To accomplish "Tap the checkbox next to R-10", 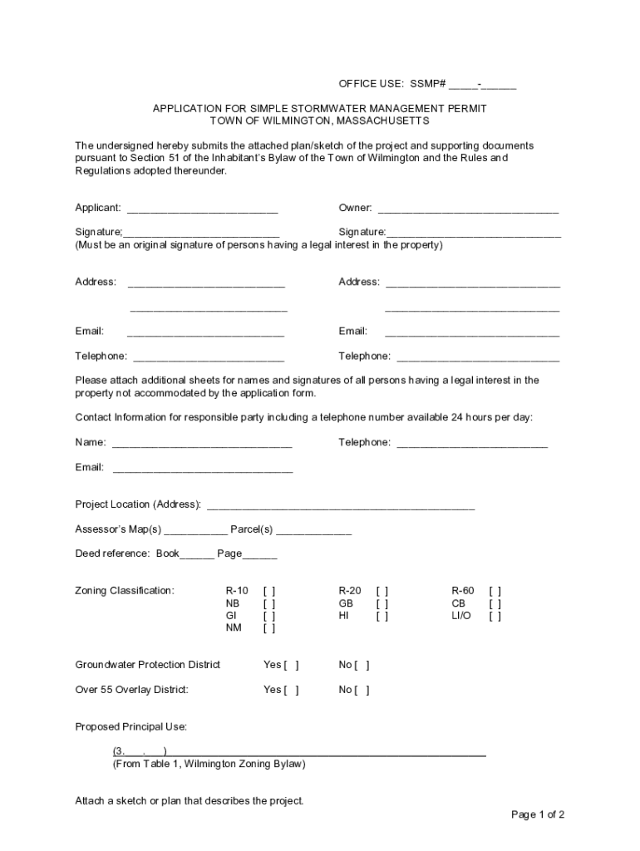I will click(x=269, y=591).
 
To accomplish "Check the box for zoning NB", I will click(x=269, y=603).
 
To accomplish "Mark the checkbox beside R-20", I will click(x=382, y=591).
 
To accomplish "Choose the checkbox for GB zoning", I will click(x=382, y=603).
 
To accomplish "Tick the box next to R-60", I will click(x=495, y=591).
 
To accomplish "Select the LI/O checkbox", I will click(x=495, y=616).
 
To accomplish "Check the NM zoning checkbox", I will click(x=269, y=628).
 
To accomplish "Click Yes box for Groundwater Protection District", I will click(x=292, y=665).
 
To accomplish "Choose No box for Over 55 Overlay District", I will click(x=362, y=690).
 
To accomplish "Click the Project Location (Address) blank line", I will click(x=341, y=505).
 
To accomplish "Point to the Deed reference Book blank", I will click(x=197, y=554).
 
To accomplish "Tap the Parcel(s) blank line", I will click(x=313, y=530).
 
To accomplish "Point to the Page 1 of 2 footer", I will click(x=538, y=814).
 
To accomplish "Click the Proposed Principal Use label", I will click(x=131, y=727).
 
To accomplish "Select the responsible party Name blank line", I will click(x=202, y=443).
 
